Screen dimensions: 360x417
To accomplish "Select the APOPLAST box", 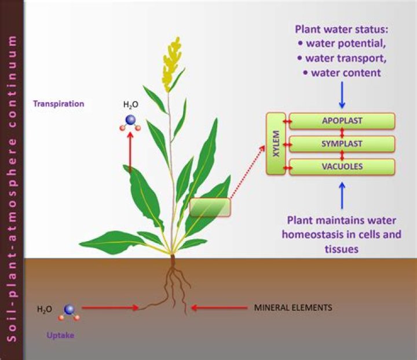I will tap(342, 121).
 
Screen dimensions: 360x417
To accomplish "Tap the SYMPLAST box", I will tap(342, 144).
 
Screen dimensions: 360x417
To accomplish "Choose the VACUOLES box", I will tap(342, 166).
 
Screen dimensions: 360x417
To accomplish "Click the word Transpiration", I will tap(58, 104).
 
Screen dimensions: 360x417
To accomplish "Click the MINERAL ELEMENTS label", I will tap(293, 307).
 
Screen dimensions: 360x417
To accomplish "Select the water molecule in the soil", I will tap(69, 311).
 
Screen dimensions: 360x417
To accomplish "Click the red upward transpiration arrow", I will tap(130, 152).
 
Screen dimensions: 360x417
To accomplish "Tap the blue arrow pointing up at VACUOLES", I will tap(342, 194).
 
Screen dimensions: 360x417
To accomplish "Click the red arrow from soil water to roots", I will tap(110, 308).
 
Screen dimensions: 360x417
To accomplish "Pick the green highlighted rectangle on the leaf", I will tap(210, 208).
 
